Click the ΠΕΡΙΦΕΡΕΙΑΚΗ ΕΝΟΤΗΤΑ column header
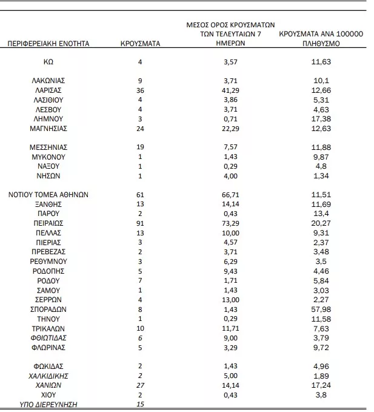(48, 44)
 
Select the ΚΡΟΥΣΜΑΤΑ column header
(140, 44)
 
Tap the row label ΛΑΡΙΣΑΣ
(48, 90)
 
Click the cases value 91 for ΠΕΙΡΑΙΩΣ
(140, 223)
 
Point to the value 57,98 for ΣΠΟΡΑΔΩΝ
(321, 308)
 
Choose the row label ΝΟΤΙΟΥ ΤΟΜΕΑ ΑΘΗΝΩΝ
(48, 195)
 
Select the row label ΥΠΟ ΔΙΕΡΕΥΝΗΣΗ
(48, 404)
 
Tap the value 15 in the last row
(140, 404)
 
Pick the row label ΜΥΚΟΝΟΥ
(48, 157)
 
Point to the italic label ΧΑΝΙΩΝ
(48, 385)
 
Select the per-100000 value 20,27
(321, 223)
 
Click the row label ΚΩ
(48, 62)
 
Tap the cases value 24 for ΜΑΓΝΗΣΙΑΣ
(140, 128)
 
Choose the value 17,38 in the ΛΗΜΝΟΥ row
(321, 118)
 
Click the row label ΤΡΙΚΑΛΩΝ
(48, 328)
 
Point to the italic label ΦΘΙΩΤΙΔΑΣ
(48, 337)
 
